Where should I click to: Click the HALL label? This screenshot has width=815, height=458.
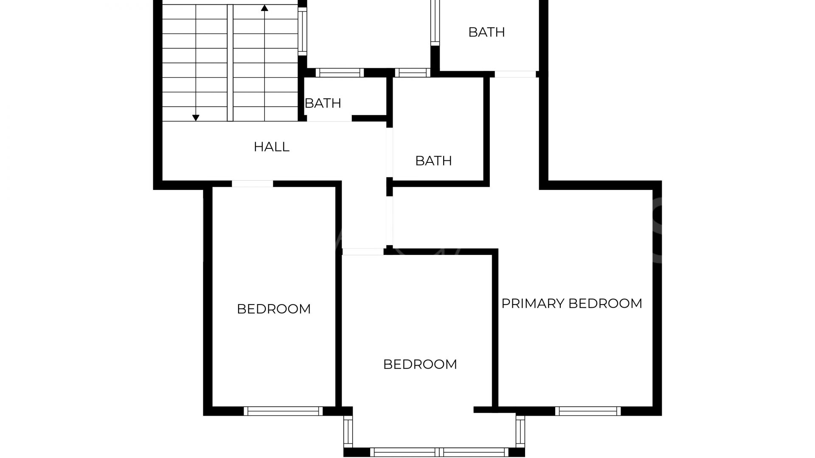tap(272, 147)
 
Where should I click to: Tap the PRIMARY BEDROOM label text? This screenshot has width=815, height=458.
tap(572, 304)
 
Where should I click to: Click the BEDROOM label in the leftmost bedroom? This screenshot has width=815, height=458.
tap(274, 309)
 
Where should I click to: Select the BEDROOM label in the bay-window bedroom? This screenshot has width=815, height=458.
tap(420, 364)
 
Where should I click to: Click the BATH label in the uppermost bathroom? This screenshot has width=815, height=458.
tap(486, 32)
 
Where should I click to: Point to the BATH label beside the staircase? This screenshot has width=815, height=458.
tap(323, 103)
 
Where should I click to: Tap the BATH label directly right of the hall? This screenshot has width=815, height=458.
tap(433, 161)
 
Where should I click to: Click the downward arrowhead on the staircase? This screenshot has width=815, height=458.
tap(196, 118)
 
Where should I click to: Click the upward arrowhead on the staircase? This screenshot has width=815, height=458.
tap(264, 8)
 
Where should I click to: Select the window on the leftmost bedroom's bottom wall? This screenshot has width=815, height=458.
tap(283, 411)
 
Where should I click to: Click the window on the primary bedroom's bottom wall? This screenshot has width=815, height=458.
tap(588, 411)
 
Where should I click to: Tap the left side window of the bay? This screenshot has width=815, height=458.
tap(348, 431)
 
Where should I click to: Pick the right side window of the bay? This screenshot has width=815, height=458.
tap(520, 431)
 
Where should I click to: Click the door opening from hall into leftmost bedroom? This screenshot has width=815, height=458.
tap(252, 184)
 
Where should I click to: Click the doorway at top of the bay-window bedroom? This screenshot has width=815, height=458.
tap(363, 251)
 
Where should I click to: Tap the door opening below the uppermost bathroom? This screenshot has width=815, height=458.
tap(515, 74)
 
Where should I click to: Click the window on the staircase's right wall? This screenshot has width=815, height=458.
tap(302, 31)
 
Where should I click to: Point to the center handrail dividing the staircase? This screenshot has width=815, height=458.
tap(230, 63)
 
